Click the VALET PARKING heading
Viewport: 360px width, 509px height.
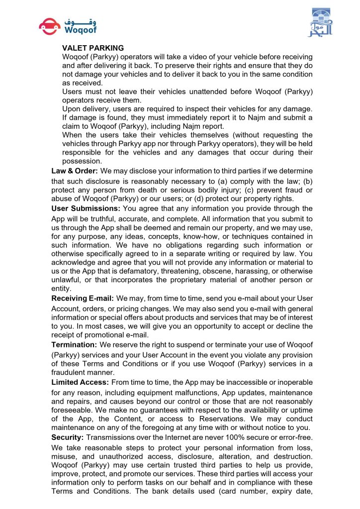pyautogui.click(x=93, y=48)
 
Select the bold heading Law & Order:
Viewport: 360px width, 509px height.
pyautogui.click(x=75, y=170)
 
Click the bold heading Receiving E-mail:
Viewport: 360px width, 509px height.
pyautogui.click(x=83, y=298)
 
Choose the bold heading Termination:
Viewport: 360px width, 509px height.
pyautogui.click(x=74, y=344)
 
